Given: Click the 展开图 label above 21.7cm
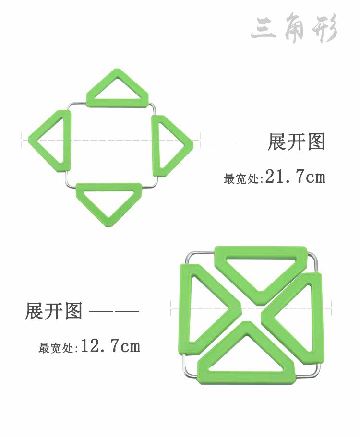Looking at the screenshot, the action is [297, 142].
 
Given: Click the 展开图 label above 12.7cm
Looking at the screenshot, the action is [54, 311].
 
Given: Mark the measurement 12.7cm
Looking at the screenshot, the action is [110, 346].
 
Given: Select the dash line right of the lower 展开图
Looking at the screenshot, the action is [115, 312].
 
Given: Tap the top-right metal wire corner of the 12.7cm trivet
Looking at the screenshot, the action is [316, 256].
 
